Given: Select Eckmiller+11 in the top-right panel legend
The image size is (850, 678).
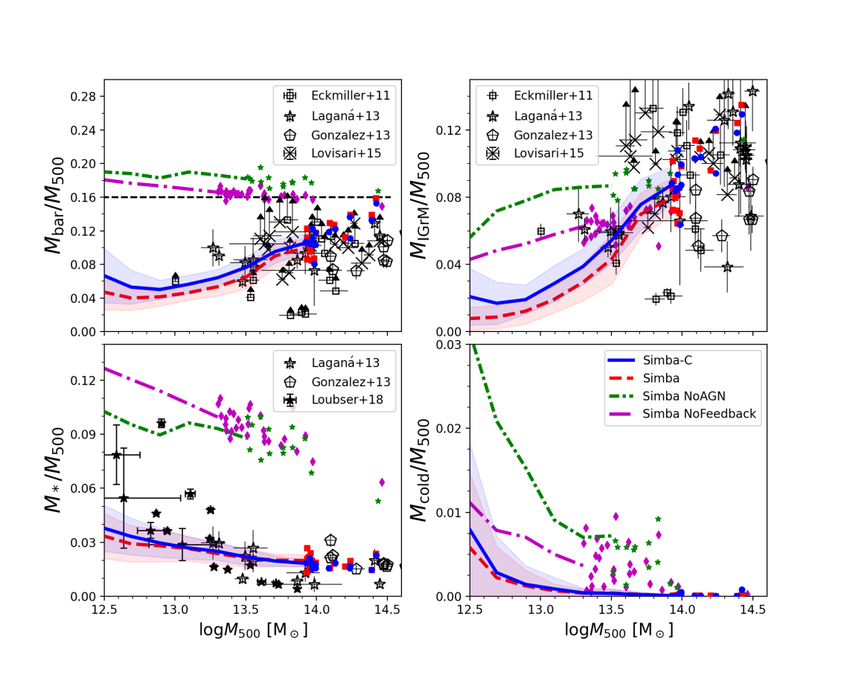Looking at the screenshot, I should coord(552,95).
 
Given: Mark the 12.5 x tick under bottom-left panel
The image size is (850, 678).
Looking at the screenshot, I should coord(104,609).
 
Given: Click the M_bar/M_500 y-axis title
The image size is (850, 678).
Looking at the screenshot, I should coord(54,205).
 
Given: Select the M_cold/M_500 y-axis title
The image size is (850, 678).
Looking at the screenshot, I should coord(421,470).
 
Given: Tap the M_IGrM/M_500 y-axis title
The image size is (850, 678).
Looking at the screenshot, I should coord(421,205).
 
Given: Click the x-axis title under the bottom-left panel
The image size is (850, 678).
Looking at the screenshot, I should coord(253,630).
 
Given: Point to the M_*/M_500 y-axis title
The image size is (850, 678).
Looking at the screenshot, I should coord(54,470).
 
